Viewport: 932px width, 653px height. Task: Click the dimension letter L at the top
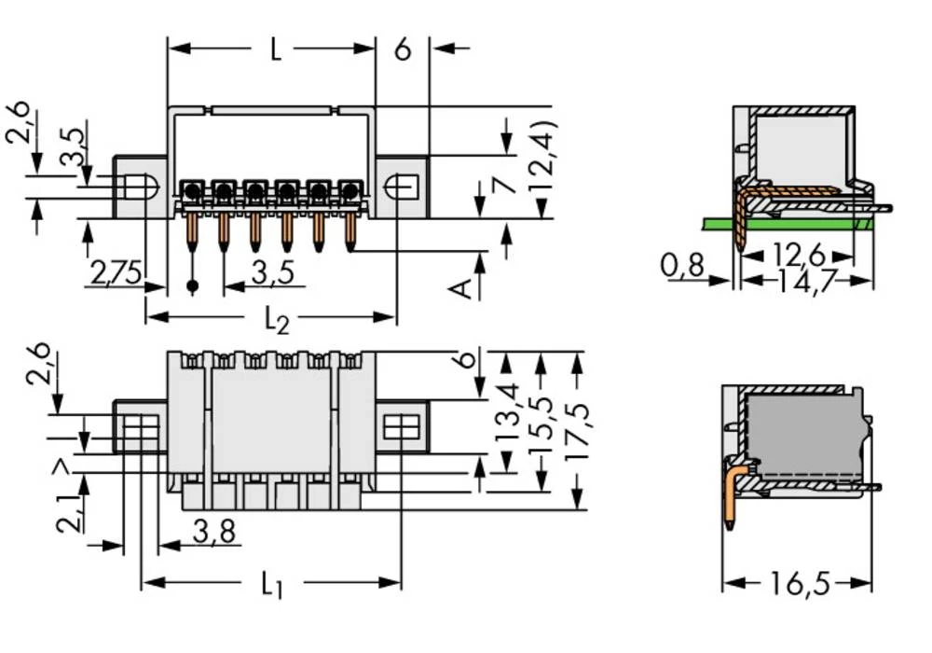pos(275,49)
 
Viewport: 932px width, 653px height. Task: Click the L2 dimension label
pos(276,320)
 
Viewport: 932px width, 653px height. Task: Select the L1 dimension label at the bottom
pos(270,585)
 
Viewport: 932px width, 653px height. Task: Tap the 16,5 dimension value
pos(798,585)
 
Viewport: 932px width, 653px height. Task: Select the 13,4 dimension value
pos(508,410)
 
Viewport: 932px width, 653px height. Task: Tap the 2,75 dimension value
pos(116,273)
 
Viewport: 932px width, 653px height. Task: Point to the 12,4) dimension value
pos(543,168)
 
